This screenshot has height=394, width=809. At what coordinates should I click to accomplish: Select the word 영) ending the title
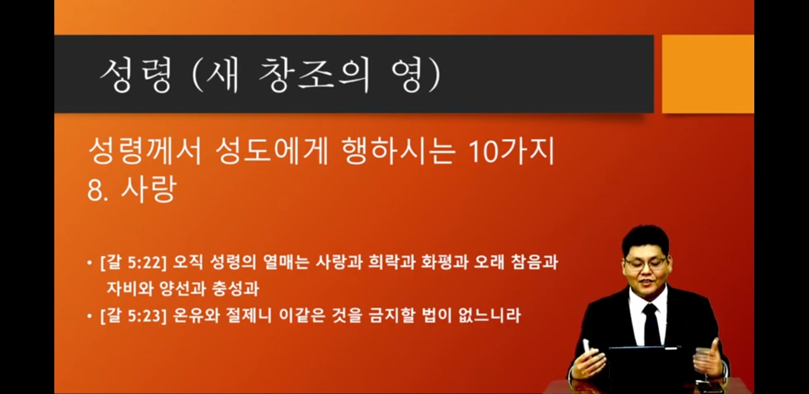pos(416,76)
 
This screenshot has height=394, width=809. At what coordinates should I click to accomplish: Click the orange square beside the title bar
pos(708,74)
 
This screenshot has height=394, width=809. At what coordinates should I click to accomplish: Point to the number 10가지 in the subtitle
pos(511,151)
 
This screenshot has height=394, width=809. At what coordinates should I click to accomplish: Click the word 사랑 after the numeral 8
pos(149,189)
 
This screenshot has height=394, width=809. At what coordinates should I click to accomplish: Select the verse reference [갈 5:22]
pos(133,263)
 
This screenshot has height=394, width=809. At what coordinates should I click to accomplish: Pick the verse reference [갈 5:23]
pos(133,316)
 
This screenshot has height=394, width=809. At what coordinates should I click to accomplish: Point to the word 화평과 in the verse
pos(445,262)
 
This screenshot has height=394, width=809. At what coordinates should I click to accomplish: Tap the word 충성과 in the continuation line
pos(235,289)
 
